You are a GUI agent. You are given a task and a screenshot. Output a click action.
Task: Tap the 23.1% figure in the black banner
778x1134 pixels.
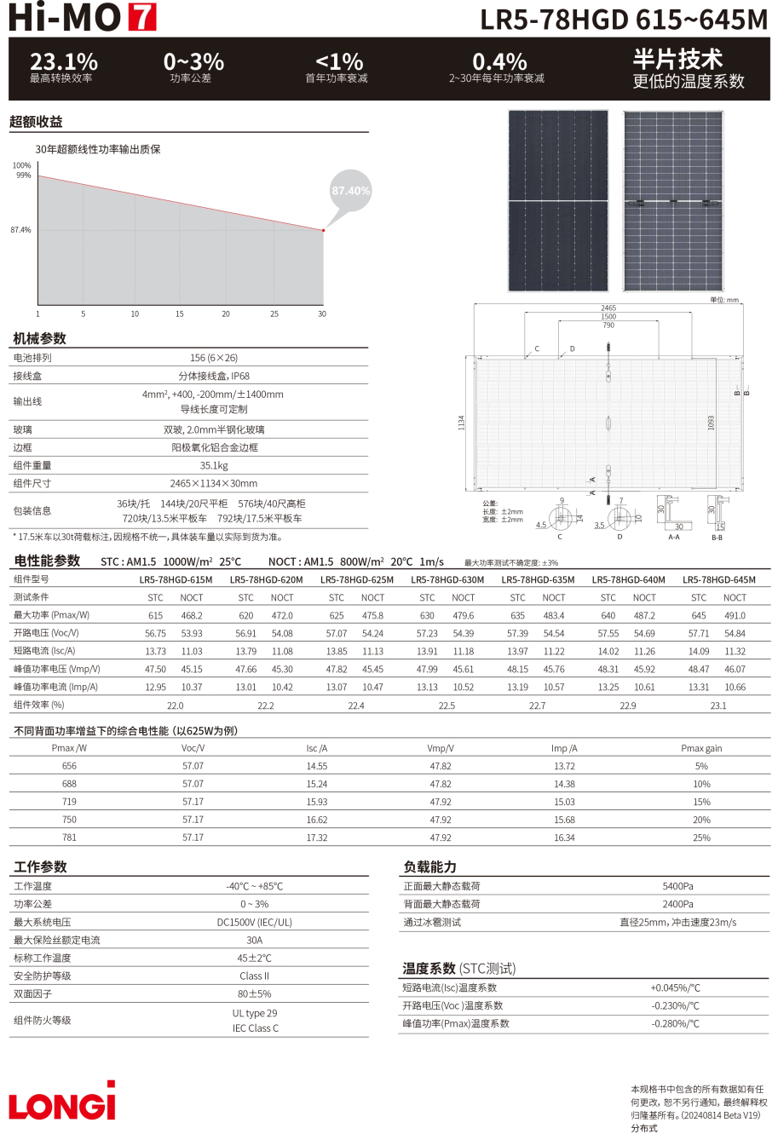point(64,61)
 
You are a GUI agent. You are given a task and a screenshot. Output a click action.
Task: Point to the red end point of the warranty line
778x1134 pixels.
point(324,230)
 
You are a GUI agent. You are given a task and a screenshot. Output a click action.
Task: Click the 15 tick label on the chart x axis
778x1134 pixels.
point(180,314)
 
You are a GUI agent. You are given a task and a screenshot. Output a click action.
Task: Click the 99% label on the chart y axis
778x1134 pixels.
point(24,176)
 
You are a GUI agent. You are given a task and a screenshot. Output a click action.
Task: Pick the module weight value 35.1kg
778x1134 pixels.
point(214,465)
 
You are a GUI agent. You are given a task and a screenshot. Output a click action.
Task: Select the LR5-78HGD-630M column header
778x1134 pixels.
point(447,579)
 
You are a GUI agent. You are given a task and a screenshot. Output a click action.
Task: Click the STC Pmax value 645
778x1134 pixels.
point(699,616)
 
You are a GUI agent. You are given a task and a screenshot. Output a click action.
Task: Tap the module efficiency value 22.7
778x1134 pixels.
point(537,705)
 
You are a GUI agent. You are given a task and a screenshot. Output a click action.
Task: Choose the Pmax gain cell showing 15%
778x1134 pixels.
point(701,802)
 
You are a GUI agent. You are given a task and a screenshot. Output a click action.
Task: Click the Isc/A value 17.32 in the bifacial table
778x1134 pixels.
point(317,838)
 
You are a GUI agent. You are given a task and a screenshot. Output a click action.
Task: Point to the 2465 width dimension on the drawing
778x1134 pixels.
point(608,308)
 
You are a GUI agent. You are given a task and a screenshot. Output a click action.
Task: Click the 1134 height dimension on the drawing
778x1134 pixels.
point(461,423)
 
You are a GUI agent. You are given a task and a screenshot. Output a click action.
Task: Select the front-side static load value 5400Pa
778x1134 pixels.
point(677,886)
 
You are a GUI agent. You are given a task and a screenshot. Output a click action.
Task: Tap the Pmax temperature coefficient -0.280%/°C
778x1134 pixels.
point(675,1023)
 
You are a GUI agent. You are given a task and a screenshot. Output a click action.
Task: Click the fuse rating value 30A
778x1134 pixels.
point(254,940)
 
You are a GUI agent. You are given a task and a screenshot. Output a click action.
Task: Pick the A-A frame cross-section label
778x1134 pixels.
point(674,537)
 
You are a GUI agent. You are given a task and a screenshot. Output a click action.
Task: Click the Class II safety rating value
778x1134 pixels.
point(254,976)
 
